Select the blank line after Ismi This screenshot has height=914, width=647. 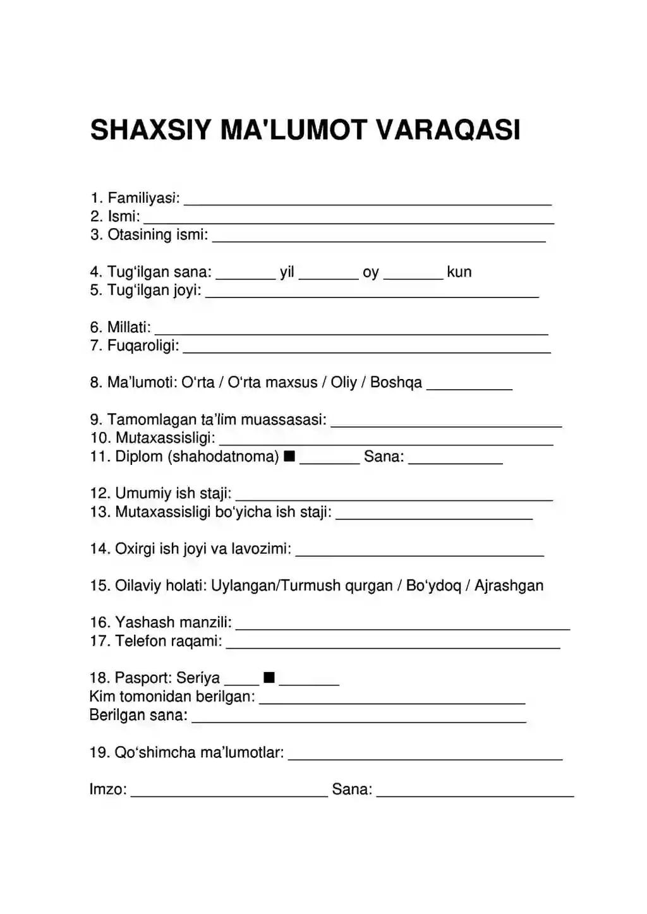point(348,222)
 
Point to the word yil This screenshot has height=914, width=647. point(287,272)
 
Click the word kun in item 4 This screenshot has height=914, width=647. point(459,272)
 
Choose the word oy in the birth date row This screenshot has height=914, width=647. point(371,272)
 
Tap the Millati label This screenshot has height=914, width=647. point(129,327)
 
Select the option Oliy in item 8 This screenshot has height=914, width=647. point(344,383)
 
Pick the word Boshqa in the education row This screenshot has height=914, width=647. point(396,383)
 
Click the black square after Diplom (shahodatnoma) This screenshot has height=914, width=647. point(289,456)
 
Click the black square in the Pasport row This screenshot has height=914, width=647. point(269,678)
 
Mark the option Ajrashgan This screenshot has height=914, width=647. point(509,586)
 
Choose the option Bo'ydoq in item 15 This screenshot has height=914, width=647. point(433,586)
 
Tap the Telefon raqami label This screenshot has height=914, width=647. point(168,641)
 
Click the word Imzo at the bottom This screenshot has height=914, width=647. point(108,789)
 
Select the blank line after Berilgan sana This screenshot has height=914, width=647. point(358,719)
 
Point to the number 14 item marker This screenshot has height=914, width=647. point(100,549)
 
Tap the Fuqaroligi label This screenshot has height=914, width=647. point(143,346)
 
